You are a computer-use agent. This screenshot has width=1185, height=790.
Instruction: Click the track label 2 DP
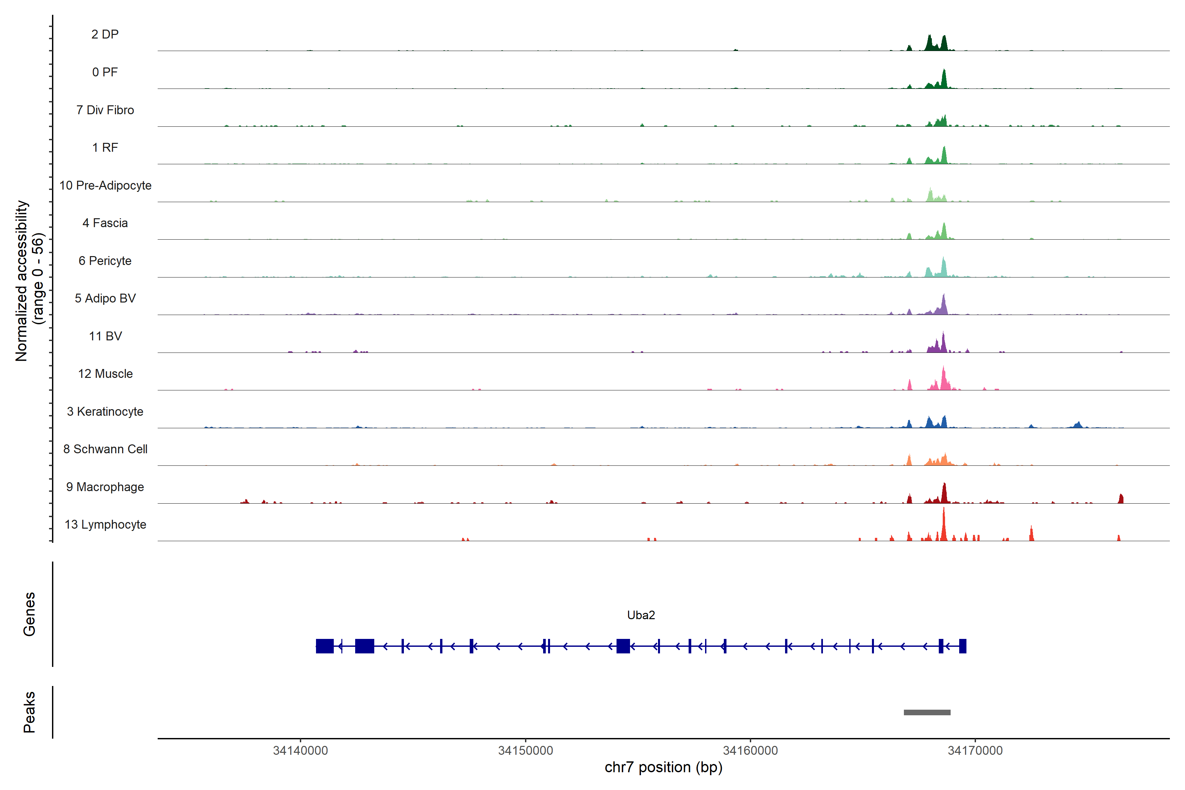[x=105, y=34]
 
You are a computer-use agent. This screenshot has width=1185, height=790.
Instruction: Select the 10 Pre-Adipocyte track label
[x=105, y=185]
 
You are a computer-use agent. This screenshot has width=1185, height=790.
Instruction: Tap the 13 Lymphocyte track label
[x=105, y=524]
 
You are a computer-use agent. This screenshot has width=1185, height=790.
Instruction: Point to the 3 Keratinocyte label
[x=105, y=412]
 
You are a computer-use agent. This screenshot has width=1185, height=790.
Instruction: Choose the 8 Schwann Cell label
[x=105, y=449]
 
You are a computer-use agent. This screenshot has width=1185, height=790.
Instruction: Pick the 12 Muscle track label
[x=105, y=374]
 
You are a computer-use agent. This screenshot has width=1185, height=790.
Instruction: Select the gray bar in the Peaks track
[x=927, y=712]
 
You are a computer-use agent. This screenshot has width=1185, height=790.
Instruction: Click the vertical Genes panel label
[x=29, y=614]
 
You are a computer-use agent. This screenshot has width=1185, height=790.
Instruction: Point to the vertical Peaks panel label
[x=29, y=712]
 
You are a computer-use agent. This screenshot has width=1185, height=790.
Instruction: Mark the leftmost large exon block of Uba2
[x=325, y=646]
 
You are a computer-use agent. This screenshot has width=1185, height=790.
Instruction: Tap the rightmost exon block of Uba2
[x=962, y=646]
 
